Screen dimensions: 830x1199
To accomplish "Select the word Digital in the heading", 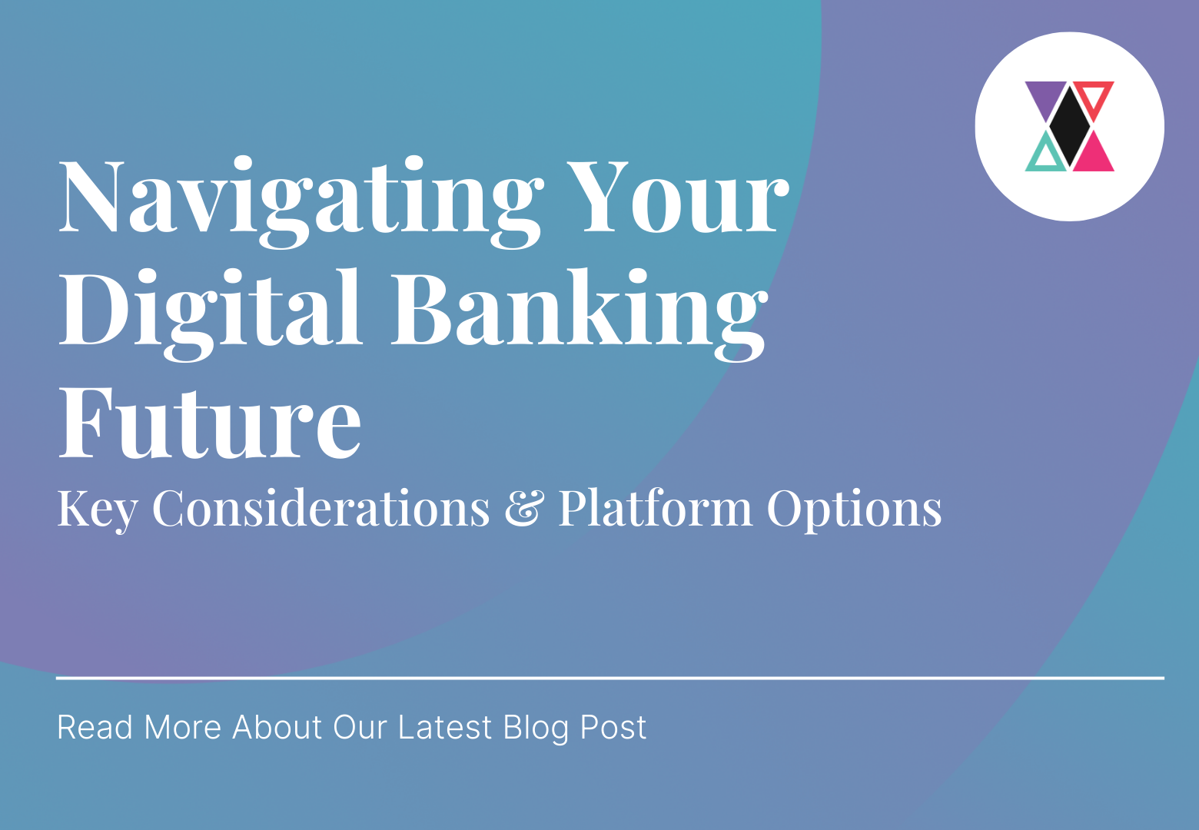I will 211,311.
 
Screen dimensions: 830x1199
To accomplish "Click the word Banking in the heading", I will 580,311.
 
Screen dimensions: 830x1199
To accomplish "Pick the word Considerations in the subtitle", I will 321,509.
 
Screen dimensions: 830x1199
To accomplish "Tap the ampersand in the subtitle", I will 524,509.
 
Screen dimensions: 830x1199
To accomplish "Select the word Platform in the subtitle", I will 655,509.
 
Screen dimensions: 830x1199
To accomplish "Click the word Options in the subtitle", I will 855,509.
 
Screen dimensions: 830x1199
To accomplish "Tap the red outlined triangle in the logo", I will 1094,96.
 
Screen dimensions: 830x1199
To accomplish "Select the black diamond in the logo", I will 1070,126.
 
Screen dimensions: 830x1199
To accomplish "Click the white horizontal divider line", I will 610,678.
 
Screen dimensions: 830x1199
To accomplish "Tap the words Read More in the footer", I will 139,727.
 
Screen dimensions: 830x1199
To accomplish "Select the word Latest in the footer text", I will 444,727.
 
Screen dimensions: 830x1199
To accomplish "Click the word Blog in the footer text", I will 536,727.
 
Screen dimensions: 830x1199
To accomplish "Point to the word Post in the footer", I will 613,727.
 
